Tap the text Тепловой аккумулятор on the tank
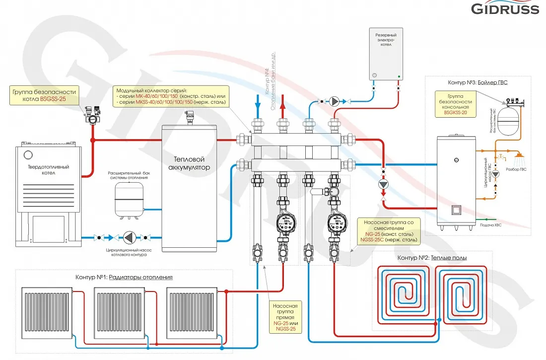(189, 163)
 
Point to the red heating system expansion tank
(128, 199)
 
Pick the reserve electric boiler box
(386, 54)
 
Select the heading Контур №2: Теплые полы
(432, 258)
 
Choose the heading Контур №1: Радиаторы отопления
(124, 277)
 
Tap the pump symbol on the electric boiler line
(336, 101)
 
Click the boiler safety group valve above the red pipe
(92, 116)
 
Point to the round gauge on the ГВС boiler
(456, 160)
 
